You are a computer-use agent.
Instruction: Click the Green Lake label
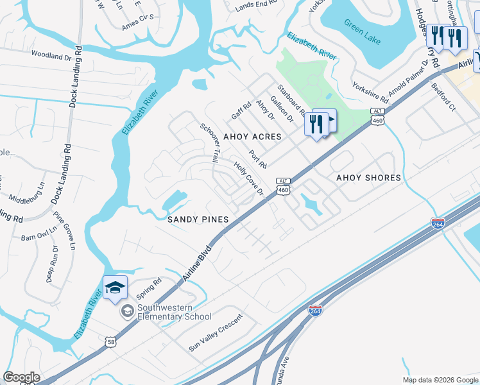coord(362,33)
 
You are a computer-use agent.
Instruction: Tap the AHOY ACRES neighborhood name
coord(252,137)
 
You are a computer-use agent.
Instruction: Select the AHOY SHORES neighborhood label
coord(369,178)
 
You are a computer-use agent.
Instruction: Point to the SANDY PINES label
coord(198,219)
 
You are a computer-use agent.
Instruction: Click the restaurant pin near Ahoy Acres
coord(316,123)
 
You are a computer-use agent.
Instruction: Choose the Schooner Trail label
coord(209,142)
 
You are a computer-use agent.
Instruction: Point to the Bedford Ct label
coord(443,97)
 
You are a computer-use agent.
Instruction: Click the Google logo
coord(22,377)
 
